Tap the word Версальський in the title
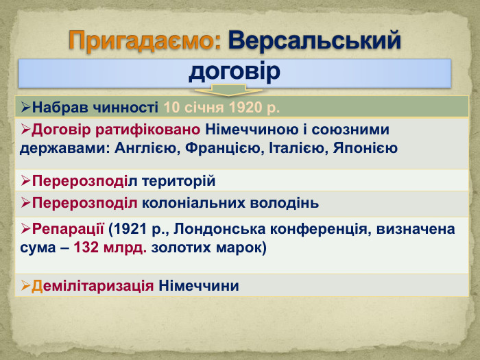coord(315,41)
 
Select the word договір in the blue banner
coord(235,71)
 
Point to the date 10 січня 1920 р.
coord(221,108)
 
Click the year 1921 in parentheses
coord(130,228)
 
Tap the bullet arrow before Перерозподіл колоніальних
coord(26,204)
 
